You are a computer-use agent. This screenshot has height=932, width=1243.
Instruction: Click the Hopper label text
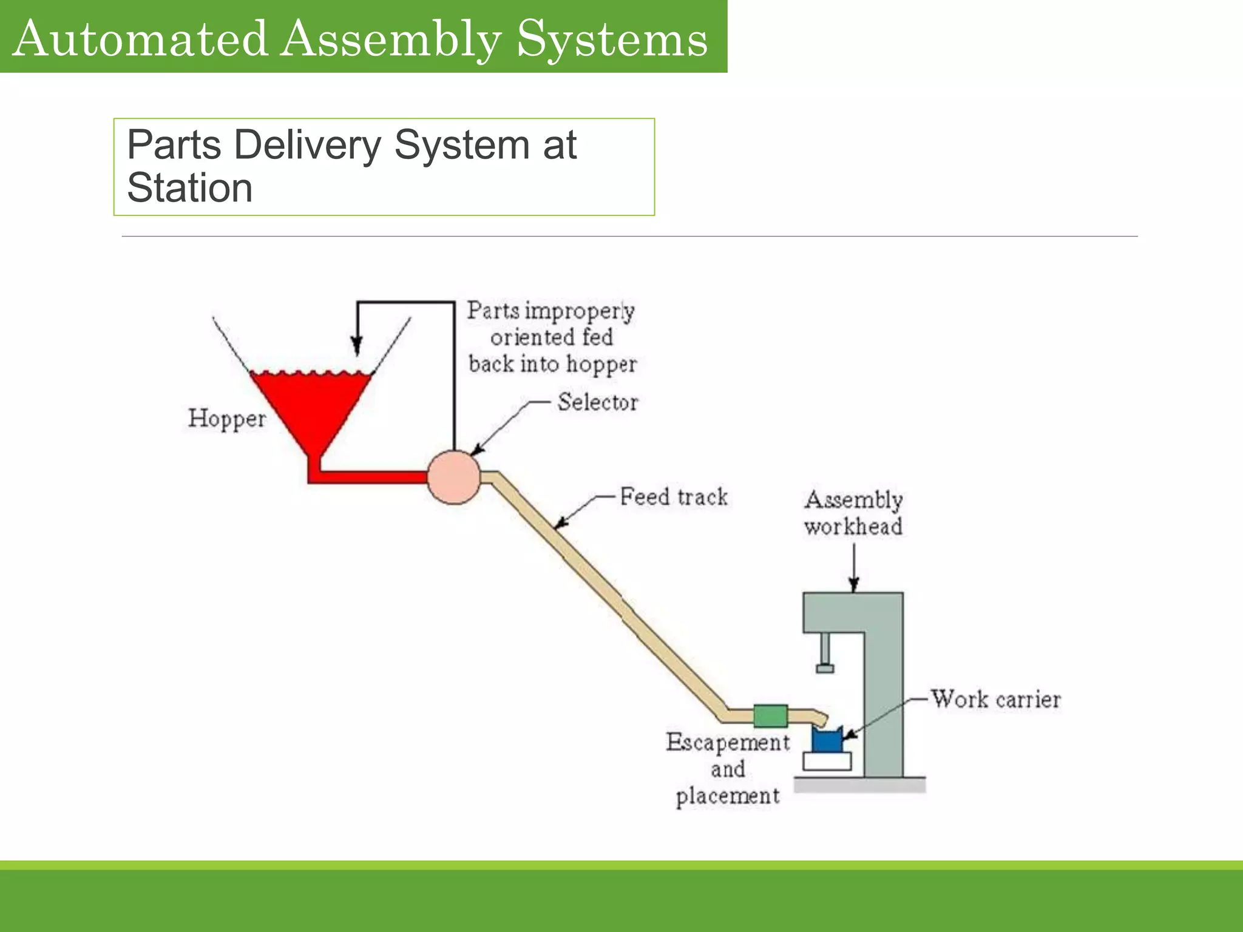pyautogui.click(x=226, y=419)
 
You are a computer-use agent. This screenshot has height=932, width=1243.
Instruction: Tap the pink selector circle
pyautogui.click(x=453, y=478)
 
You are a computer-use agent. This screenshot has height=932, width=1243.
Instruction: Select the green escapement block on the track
pyautogui.click(x=770, y=716)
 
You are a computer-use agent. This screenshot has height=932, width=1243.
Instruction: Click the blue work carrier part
pyautogui.click(x=826, y=740)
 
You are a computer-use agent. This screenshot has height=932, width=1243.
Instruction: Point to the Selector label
pyautogui.click(x=597, y=402)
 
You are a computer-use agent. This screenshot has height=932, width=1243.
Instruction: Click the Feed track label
pyautogui.click(x=673, y=497)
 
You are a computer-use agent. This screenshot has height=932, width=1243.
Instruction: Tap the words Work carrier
pyautogui.click(x=996, y=700)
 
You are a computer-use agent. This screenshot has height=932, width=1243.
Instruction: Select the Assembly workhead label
pyautogui.click(x=853, y=513)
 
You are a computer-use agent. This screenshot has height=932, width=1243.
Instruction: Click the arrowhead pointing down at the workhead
pyautogui.click(x=854, y=584)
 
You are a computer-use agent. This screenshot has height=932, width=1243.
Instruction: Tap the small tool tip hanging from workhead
pyautogui.click(x=825, y=668)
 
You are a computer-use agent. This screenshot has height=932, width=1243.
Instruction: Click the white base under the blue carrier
pyautogui.click(x=827, y=761)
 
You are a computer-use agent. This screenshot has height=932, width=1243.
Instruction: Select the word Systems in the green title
pyautogui.click(x=612, y=38)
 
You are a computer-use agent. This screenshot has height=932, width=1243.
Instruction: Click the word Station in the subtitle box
pyautogui.click(x=189, y=188)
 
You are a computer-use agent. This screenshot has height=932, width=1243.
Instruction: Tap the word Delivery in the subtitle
pyautogui.click(x=307, y=146)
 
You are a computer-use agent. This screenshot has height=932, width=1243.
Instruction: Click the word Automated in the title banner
pyautogui.click(x=140, y=38)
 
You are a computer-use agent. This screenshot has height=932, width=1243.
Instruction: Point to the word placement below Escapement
pyautogui.click(x=728, y=796)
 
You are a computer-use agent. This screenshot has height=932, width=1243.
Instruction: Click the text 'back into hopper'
pyautogui.click(x=552, y=364)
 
